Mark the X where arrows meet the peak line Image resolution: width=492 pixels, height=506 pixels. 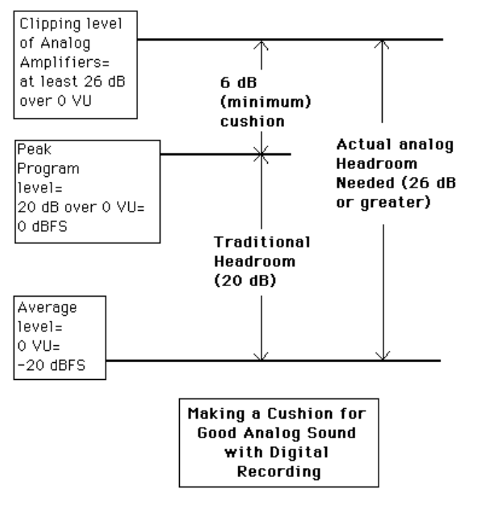coord(262,154)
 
